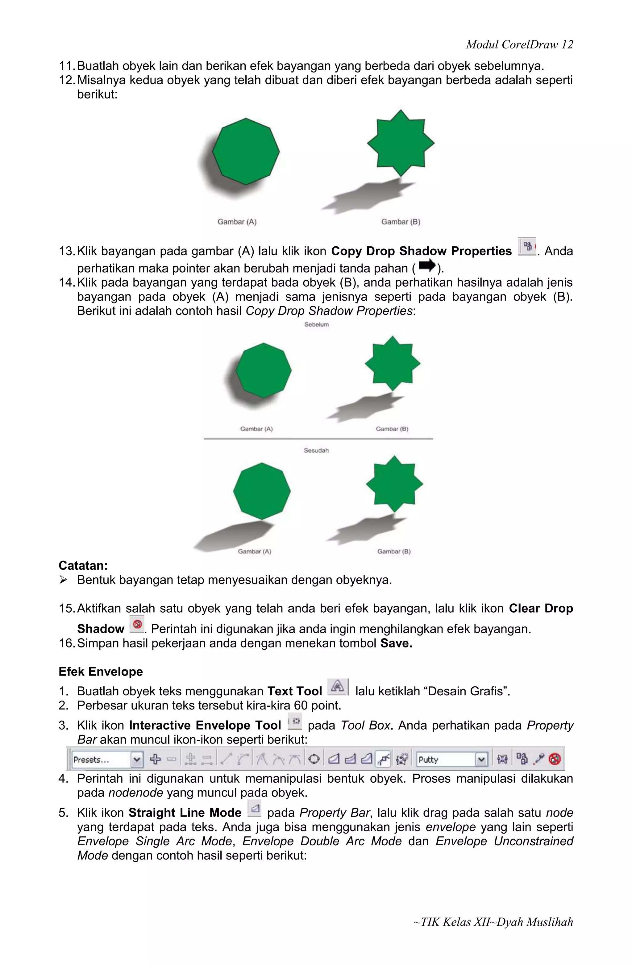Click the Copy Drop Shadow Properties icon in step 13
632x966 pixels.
pos(527,246)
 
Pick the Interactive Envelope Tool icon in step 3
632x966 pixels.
pos(295,721)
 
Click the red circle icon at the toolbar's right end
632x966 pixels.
pos(555,759)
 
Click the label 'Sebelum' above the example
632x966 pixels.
pos(316,324)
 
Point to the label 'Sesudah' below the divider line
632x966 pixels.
pos(316,451)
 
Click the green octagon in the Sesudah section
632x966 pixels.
pos(262,491)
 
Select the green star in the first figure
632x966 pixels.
pos(401,143)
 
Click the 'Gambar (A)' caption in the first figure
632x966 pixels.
pos(237,222)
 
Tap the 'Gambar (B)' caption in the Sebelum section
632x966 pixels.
pos(392,429)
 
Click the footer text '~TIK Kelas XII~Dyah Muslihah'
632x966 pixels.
pos(493,922)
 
